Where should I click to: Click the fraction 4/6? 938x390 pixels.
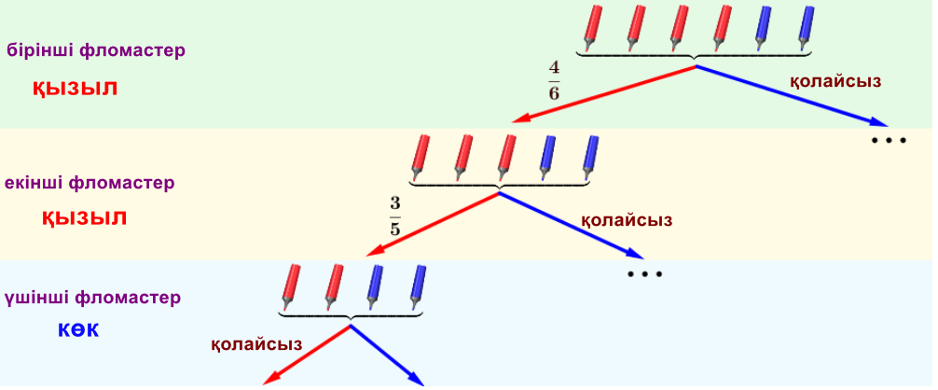[554, 81]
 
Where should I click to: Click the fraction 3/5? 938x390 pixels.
[394, 216]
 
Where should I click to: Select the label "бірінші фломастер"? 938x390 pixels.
[96, 50]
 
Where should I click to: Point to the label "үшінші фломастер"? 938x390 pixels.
[91, 299]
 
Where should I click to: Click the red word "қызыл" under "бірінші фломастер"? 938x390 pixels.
[76, 89]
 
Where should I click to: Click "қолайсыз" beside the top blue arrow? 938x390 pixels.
[835, 81]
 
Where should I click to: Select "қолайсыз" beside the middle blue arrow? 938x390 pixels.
[627, 220]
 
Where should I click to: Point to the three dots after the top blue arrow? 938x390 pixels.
[889, 140]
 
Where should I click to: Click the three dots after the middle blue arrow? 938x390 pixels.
[644, 274]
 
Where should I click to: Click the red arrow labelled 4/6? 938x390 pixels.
[606, 94]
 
